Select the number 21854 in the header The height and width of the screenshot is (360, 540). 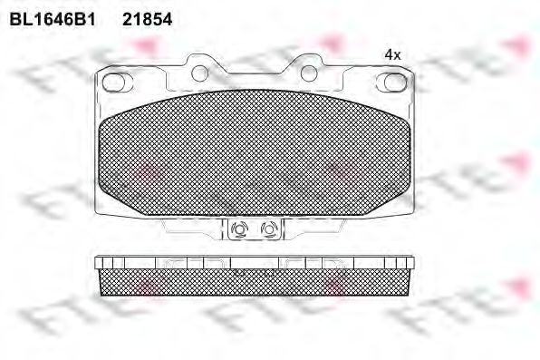pos(147,17)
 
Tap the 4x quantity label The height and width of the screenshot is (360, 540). pos(392,54)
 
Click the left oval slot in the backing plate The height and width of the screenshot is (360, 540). pos(115,83)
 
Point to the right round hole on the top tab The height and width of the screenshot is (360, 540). pos(306,69)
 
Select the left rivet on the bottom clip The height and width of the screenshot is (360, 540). pos(240,230)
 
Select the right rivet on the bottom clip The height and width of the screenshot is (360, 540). pos(267,230)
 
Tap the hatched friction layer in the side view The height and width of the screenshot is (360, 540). pos(254,283)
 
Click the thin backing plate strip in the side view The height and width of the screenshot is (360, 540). pos(254,262)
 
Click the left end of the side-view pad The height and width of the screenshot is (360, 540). pos(97,277)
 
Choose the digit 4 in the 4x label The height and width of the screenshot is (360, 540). pos(389,54)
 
